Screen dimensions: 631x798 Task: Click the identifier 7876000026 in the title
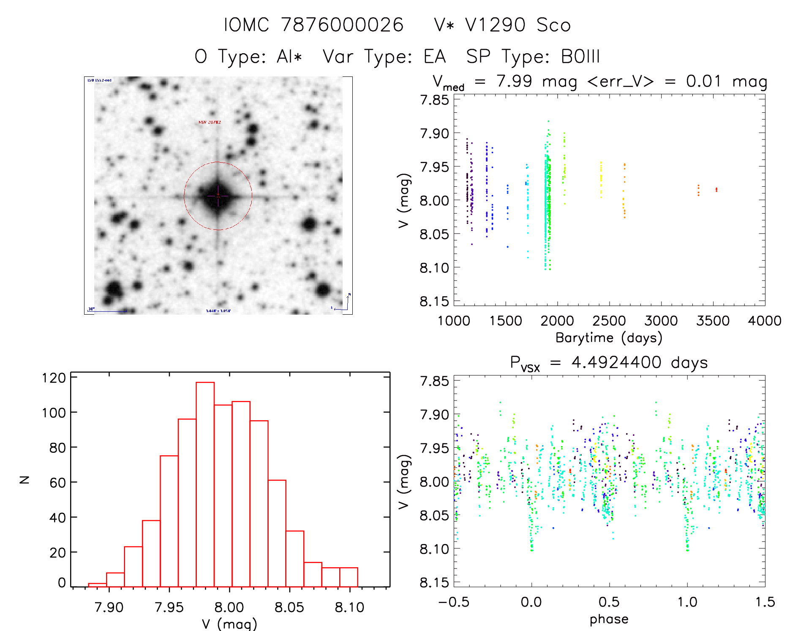pos(342,25)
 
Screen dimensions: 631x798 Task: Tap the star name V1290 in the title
pos(495,25)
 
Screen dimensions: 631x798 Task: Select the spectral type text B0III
pos(580,57)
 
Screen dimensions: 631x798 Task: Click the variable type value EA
pos(435,57)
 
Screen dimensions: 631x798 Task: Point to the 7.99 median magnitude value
pos(514,81)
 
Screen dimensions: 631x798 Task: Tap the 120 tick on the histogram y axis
pos(54,378)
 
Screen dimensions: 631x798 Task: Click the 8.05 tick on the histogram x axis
pos(289,607)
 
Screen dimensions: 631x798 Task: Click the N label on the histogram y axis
pos(25,479)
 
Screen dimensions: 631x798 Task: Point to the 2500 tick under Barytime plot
pos(609,321)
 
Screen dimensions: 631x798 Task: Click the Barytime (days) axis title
pos(609,338)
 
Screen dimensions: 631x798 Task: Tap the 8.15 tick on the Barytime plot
pos(434,301)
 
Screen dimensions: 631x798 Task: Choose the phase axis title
pos(609,619)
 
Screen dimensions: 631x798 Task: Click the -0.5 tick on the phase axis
pos(454,602)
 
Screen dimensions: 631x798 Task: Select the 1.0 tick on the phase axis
pos(687,602)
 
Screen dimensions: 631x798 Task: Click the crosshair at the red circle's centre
pos(218,196)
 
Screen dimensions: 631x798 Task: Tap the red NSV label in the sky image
pos(210,122)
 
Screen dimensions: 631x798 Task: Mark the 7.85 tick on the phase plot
pos(434,381)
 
